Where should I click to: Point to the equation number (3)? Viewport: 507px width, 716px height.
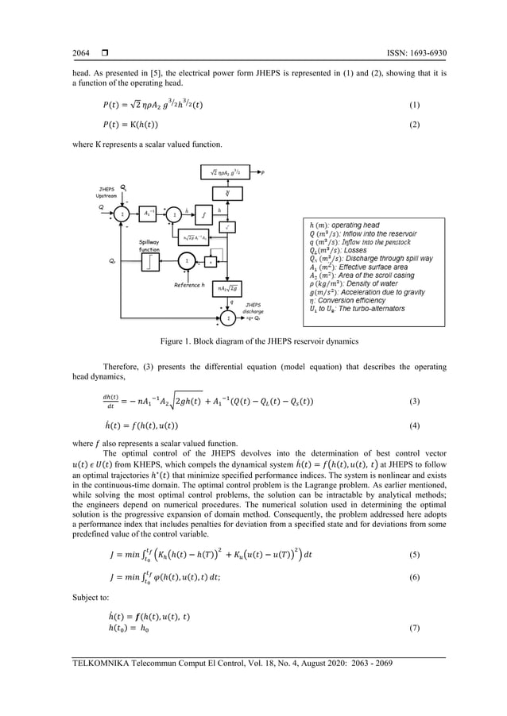pyautogui.click(x=412, y=403)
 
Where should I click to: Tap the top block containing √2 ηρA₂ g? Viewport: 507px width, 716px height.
pyautogui.click(x=229, y=171)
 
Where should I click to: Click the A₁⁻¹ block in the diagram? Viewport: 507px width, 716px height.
pyautogui.click(x=149, y=214)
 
